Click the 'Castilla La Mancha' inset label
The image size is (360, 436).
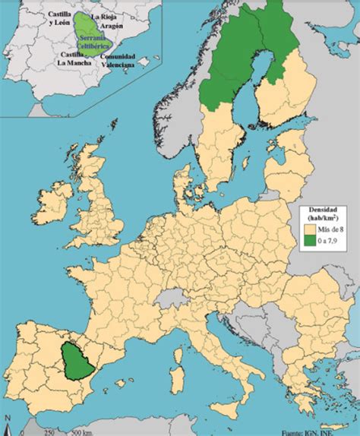pos(73,59)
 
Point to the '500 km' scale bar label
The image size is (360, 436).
pos(82,431)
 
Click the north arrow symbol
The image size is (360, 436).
pos(8,422)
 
